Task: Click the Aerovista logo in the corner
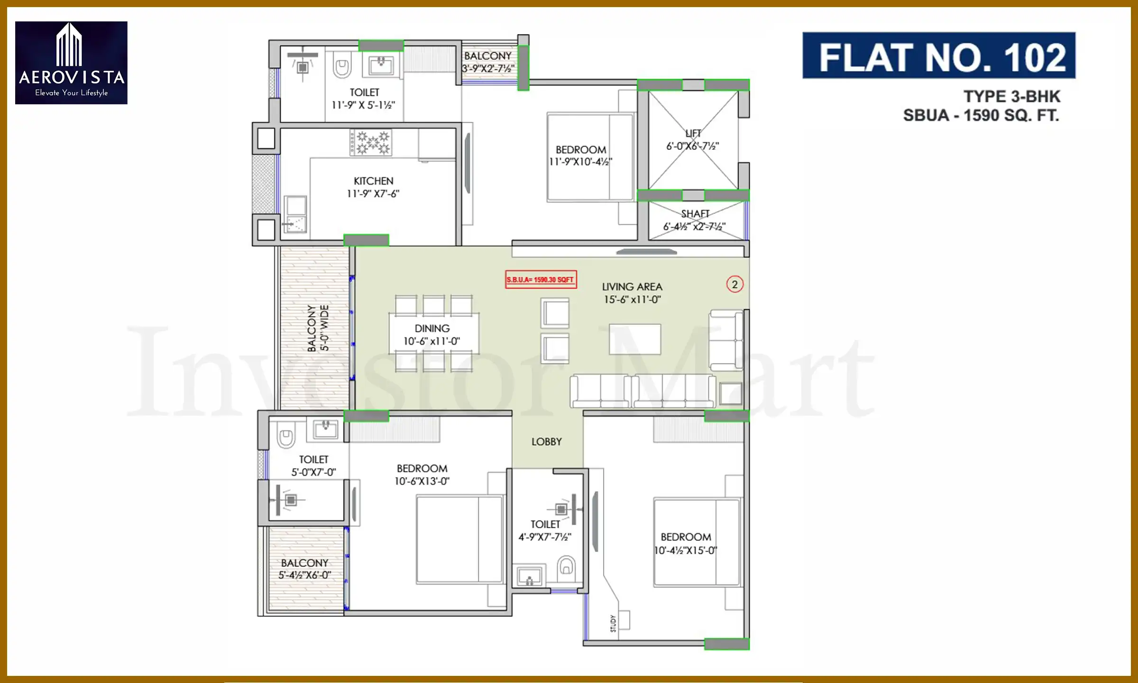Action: coord(71,63)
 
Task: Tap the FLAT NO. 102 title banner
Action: coord(938,56)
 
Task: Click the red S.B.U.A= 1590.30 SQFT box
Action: coord(541,280)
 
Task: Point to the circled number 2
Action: coord(734,285)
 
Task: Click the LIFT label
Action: coord(693,134)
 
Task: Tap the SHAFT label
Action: coord(695,214)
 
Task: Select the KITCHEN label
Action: coord(373,181)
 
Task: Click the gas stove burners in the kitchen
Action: coord(371,142)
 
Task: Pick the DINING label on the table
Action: coord(432,328)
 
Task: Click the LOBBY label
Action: coord(546,442)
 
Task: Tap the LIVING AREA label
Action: coord(632,287)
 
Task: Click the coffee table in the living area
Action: coord(634,340)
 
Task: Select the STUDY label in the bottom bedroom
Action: coord(613,623)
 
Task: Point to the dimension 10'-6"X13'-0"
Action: coord(422,481)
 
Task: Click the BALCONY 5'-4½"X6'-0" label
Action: coord(304,569)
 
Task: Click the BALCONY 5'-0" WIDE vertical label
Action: coord(318,328)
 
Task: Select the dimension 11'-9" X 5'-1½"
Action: coord(363,105)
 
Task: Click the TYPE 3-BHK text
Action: coord(1011,97)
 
